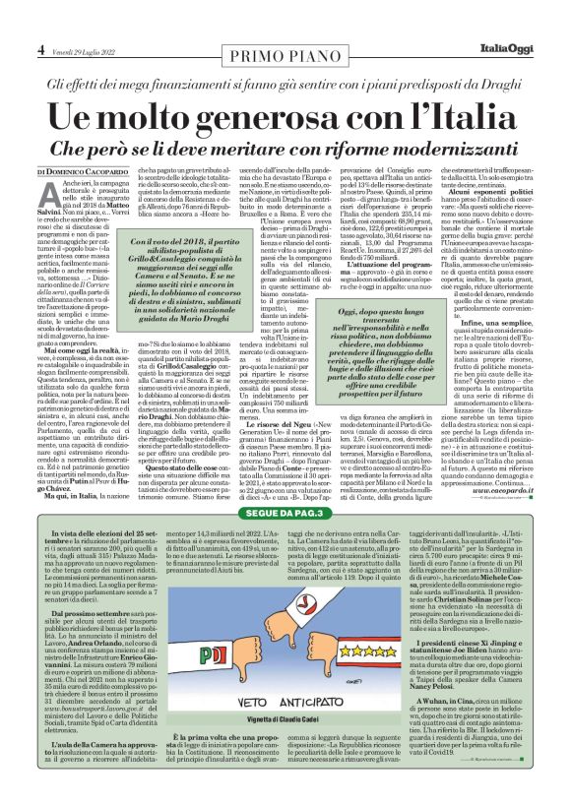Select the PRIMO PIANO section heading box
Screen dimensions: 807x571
[285, 48]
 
